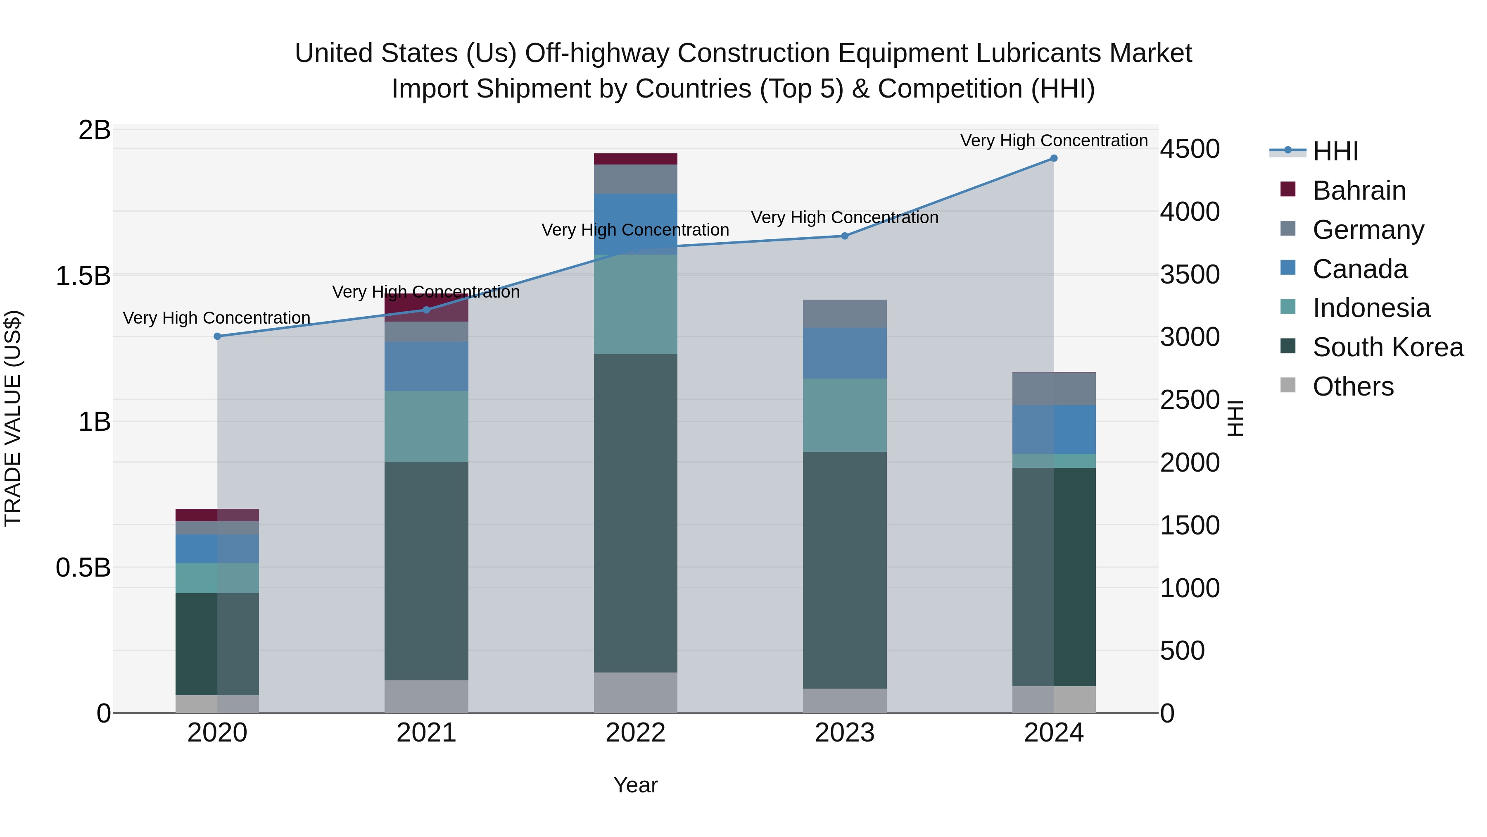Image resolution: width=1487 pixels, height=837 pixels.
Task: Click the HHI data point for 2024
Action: pos(1053,158)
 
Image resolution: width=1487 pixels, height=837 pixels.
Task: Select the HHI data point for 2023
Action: pos(845,236)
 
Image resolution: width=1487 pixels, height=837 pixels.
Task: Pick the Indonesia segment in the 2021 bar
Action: pos(427,426)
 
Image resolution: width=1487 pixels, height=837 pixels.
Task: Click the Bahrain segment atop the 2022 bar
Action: pos(636,159)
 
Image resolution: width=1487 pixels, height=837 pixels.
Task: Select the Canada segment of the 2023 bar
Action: pos(845,353)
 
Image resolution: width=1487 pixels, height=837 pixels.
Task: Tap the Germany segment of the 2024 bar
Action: pos(1053,389)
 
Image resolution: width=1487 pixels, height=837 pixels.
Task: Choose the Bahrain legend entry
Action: pos(1359,191)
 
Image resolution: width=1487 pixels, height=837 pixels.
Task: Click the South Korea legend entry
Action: pos(1388,347)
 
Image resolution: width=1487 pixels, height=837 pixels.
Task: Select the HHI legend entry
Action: pos(1335,151)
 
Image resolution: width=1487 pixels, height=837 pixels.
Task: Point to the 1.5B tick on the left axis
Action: pos(83,276)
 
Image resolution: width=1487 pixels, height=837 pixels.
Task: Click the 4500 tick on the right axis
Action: pos(1190,149)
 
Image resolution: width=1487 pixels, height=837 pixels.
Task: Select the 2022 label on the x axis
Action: pos(636,733)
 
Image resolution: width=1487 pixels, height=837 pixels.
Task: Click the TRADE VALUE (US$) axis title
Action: pos(13,418)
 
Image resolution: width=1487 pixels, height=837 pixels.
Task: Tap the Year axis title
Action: pos(636,785)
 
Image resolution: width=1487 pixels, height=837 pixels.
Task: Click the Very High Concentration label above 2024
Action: pos(1053,141)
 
